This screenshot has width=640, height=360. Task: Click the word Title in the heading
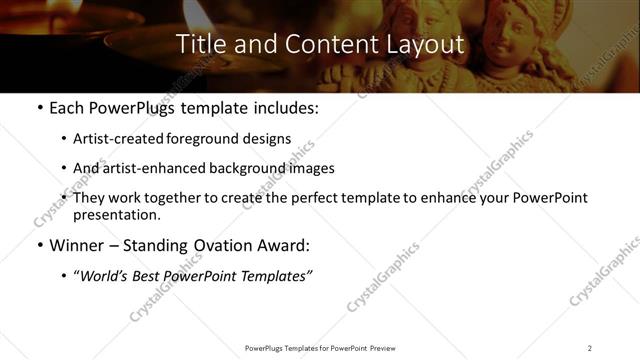199,45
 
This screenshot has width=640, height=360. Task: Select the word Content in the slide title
321,45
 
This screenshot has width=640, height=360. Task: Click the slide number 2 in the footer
590,347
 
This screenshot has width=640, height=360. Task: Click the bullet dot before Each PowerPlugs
39,108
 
